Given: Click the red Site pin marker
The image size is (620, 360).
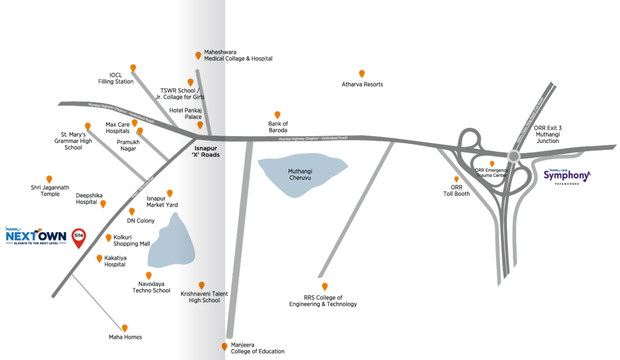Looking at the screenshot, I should [x=79, y=237].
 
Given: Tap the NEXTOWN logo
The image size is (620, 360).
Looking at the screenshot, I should [x=36, y=236].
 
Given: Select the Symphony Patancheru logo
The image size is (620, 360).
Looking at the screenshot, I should [x=567, y=176].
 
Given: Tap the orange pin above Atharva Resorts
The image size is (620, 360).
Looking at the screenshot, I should [x=362, y=73].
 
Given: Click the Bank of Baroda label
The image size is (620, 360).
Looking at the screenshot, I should [x=278, y=127].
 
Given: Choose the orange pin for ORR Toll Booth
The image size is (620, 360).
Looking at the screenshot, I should [x=456, y=179].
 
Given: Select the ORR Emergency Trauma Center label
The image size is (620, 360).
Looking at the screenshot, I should [x=491, y=172].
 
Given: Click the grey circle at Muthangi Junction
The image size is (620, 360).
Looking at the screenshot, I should [x=513, y=156].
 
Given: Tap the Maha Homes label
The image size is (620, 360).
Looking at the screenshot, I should [x=125, y=337].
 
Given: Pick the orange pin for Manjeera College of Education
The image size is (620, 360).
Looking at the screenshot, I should [x=224, y=346].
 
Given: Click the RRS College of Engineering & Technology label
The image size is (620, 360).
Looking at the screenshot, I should [x=323, y=301].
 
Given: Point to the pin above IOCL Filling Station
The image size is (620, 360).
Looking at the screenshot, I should [x=133, y=67].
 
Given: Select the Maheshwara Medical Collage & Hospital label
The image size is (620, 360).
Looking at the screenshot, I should [x=238, y=55].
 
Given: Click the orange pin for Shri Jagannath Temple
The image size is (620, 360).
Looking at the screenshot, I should [x=49, y=179].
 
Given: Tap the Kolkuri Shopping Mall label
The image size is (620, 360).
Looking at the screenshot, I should [x=131, y=240].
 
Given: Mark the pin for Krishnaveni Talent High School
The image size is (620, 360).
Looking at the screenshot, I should [x=201, y=285].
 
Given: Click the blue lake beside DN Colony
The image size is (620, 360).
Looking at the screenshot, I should [x=172, y=243].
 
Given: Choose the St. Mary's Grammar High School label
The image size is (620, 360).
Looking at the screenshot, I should [x=73, y=141].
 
